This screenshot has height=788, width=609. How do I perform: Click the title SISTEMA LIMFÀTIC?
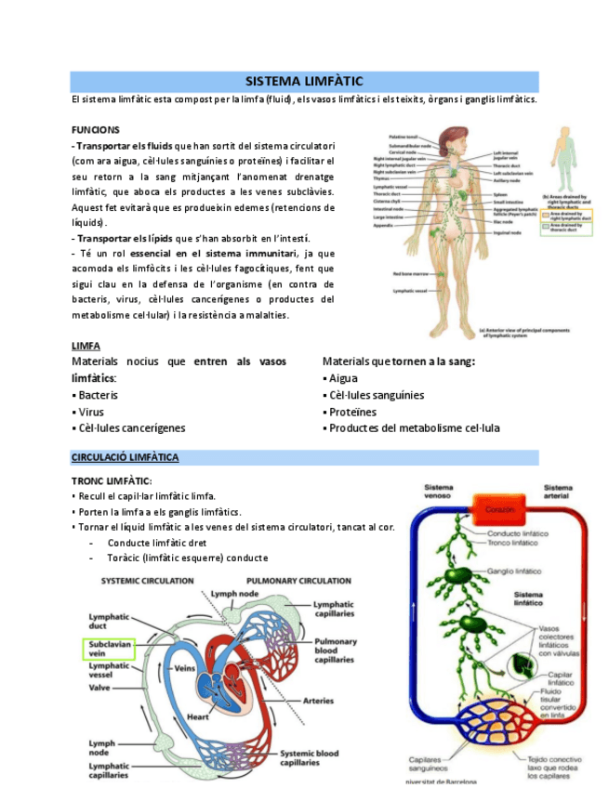303,82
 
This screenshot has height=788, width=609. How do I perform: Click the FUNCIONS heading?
95,129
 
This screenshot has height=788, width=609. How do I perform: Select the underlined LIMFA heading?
86,346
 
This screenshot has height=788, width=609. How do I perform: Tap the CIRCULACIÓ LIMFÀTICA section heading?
125,458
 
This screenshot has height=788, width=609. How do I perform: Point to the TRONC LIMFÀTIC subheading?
112,480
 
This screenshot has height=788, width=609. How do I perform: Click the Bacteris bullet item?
95,395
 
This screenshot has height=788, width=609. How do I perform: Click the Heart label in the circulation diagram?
198,716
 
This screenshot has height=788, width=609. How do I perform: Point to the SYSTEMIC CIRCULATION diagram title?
147,581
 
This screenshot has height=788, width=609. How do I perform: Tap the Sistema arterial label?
558,490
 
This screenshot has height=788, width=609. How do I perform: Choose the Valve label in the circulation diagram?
100,689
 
